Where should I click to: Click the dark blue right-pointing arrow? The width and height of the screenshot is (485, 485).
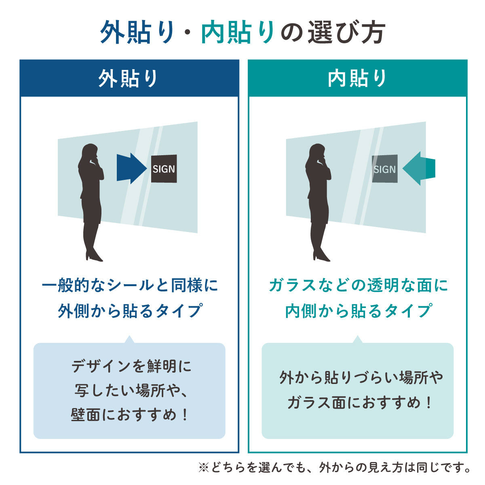tap(131, 168)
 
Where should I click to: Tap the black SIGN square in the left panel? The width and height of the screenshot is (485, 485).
tap(164, 169)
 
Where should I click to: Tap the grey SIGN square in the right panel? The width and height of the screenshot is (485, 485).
tap(384, 169)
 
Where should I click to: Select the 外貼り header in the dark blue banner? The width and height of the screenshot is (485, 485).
tap(129, 78)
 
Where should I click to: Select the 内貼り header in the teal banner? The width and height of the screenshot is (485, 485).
tap(357, 78)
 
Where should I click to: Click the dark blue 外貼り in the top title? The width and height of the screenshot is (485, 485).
tap(137, 32)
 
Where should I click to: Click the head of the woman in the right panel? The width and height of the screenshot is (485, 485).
tap(317, 153)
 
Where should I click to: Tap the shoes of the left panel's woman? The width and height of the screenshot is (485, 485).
tap(93, 256)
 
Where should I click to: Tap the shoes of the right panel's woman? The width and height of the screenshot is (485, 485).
tap(321, 256)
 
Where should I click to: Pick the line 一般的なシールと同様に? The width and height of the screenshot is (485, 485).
tap(130, 286)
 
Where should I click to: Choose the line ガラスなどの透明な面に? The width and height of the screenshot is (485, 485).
tap(358, 286)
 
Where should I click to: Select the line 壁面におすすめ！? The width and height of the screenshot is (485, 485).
tap(129, 415)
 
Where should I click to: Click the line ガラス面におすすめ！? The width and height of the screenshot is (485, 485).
tap(358, 403)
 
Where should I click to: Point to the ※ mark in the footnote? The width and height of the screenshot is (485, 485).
tap(203, 468)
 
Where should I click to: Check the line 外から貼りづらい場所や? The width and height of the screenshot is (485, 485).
tap(361, 378)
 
